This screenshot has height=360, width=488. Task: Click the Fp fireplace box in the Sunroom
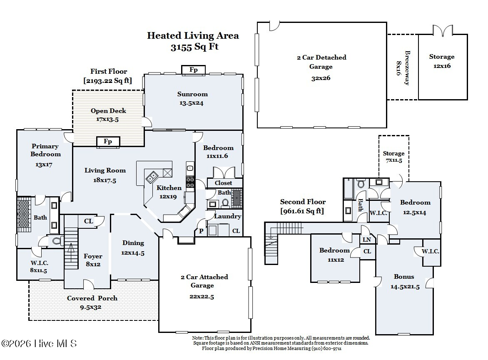pos(193,70)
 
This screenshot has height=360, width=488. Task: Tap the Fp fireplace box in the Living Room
pos(108,142)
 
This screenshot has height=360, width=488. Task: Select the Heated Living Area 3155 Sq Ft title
pos(193,41)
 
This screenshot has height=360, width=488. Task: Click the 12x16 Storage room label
pos(442,61)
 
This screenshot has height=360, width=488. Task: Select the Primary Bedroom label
pos(45,150)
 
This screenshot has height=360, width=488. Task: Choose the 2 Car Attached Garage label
pos(204,281)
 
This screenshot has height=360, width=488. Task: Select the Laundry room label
pos(227,216)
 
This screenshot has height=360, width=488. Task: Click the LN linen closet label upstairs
pos(367,240)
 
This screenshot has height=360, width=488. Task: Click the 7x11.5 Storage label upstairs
pos(393,157)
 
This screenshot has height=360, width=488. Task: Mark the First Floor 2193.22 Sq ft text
pos(108,76)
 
